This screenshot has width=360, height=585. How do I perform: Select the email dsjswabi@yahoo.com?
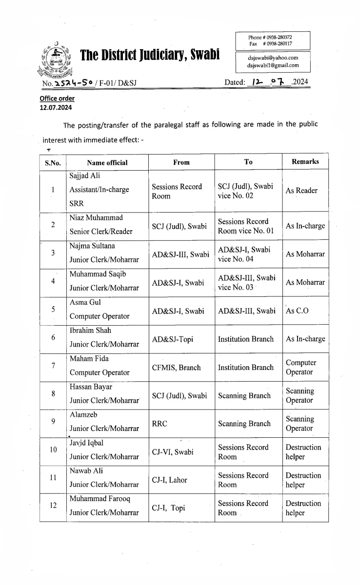pos(272,58)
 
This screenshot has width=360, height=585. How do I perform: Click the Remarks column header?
pos(305,161)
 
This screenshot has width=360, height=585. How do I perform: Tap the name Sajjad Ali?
pos(84,175)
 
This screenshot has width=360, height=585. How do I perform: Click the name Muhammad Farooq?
pos(98,499)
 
